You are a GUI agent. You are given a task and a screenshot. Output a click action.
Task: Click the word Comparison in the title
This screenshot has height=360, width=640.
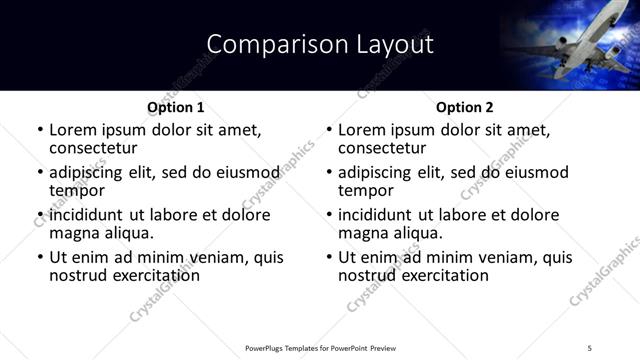point(267,44)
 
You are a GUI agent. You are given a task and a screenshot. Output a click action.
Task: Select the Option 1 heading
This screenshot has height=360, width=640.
point(176,107)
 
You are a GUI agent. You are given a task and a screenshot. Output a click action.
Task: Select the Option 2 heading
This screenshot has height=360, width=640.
point(464,107)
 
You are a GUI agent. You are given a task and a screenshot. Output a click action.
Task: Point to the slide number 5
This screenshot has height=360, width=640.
point(590,347)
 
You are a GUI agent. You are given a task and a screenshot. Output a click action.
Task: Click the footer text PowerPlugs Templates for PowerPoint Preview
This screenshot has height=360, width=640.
point(320,347)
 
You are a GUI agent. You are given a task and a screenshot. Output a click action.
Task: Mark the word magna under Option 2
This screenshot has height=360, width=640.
point(362,233)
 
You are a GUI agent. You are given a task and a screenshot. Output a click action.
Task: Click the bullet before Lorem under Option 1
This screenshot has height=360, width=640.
point(40,131)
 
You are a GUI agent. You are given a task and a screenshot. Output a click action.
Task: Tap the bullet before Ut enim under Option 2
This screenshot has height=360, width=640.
point(329,258)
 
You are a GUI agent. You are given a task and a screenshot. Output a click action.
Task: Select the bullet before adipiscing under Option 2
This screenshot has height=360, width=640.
point(329,173)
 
